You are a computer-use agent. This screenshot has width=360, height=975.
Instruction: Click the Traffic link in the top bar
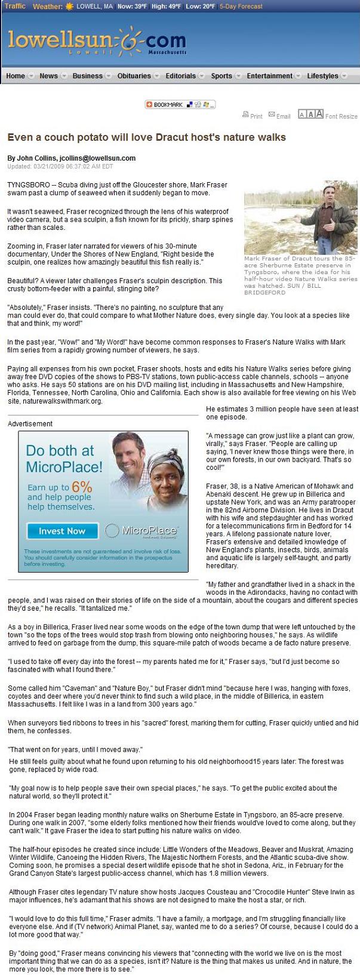[15, 6]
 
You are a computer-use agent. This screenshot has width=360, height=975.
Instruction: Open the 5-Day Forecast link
[241, 7]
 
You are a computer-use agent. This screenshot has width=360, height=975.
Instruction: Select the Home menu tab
[16, 76]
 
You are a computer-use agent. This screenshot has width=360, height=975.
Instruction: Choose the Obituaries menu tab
[134, 76]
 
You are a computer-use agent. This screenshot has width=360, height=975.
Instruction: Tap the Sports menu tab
[221, 76]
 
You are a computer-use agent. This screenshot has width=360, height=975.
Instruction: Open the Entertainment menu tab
[269, 76]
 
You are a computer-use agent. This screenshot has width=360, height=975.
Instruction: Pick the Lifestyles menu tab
[322, 76]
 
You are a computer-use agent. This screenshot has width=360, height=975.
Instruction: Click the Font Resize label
[341, 116]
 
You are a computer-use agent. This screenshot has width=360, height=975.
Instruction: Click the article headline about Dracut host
[146, 137]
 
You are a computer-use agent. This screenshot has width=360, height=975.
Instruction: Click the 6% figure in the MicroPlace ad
[82, 487]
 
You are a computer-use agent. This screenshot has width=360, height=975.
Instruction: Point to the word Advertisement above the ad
[30, 424]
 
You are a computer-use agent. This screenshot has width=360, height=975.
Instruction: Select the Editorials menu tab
[180, 76]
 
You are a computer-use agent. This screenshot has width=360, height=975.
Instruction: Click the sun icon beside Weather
[70, 6]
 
